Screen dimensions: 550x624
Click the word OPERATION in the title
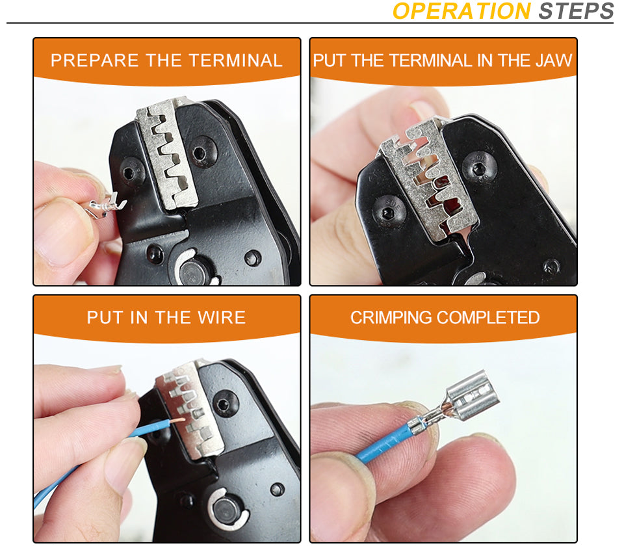461,11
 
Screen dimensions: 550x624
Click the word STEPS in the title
576,11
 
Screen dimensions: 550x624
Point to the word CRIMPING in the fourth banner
391,318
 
